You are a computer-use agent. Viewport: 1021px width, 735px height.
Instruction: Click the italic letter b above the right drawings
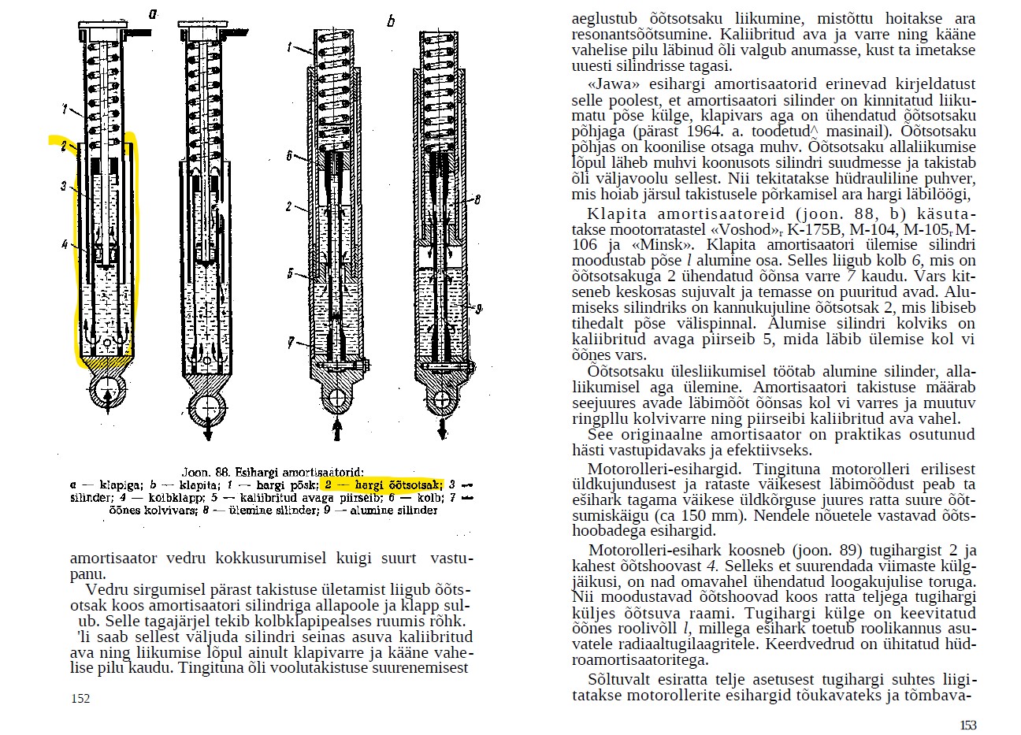(x=391, y=21)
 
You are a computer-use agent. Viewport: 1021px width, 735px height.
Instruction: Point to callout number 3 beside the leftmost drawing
(x=63, y=186)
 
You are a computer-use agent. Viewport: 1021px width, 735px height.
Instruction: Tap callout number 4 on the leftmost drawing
(x=65, y=244)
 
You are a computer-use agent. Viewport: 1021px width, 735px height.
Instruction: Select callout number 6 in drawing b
(x=289, y=156)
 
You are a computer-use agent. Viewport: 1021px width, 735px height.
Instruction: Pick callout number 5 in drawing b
(x=289, y=273)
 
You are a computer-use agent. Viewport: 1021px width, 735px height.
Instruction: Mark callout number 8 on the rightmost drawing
(x=478, y=201)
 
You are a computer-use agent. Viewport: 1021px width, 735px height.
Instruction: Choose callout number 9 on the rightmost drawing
(x=479, y=307)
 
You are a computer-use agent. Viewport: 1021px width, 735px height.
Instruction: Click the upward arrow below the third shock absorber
(x=338, y=429)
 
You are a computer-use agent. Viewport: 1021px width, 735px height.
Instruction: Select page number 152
(x=80, y=698)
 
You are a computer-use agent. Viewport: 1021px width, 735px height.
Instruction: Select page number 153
(x=968, y=725)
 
